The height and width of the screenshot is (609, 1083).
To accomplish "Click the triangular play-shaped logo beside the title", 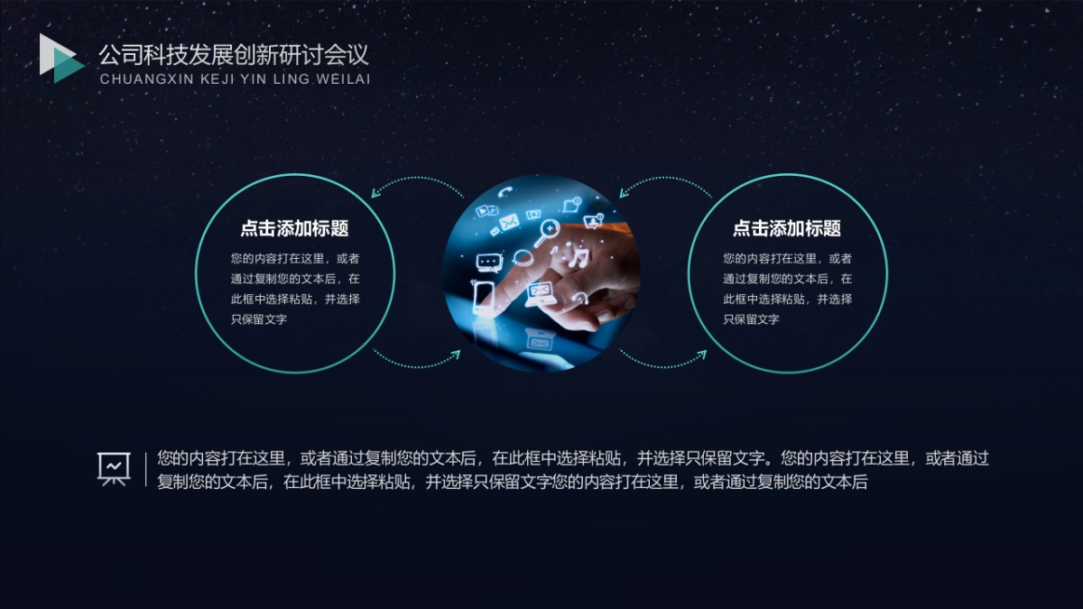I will coord(60,59).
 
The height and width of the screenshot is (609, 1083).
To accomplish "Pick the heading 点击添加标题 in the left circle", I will coord(294,228).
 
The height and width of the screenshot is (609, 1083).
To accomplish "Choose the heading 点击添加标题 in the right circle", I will coord(787,228).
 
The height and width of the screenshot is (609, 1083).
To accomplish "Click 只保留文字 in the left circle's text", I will coord(259,319).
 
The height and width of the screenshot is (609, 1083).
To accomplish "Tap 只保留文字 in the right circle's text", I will coord(751,319).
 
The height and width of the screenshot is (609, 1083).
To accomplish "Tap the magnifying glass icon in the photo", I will coord(546,234).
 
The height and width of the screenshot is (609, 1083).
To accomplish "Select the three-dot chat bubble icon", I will coord(488,263).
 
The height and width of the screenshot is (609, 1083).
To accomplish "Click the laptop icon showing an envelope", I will coord(541,291).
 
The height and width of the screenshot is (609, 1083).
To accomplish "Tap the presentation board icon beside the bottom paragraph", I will coord(115,468).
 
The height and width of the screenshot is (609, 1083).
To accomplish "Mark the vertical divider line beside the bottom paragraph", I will coord(145,469).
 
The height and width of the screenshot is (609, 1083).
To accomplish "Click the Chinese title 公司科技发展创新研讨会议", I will coord(234,55).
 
